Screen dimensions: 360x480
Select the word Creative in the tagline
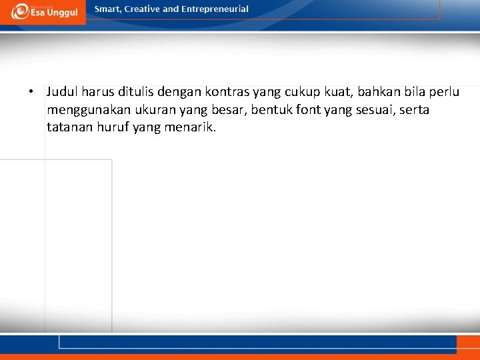(x=142, y=9)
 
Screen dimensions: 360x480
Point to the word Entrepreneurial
(x=215, y=9)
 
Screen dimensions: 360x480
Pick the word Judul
(x=61, y=91)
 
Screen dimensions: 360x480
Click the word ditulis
(x=132, y=91)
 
